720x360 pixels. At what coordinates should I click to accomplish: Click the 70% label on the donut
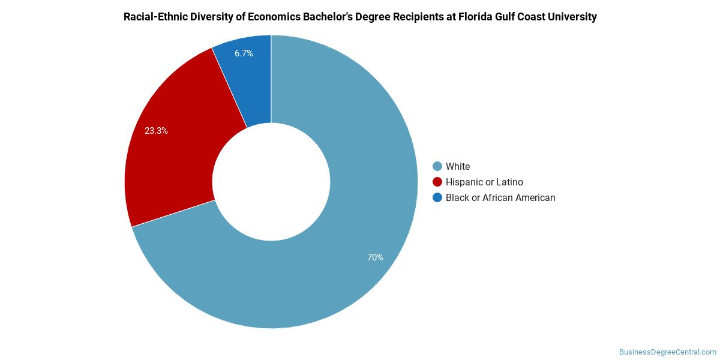point(375,257)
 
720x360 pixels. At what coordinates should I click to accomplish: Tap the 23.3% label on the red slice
point(156,131)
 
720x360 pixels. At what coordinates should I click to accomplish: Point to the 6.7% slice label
point(244,53)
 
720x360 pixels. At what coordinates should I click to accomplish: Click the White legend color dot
point(437,166)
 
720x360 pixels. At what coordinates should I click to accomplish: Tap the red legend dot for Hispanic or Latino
point(437,182)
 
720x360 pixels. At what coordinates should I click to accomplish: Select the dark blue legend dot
point(437,197)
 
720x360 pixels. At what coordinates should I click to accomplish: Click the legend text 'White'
point(458,166)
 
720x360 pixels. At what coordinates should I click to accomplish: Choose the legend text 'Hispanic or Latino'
point(484,182)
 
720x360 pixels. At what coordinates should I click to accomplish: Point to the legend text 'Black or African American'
point(500,197)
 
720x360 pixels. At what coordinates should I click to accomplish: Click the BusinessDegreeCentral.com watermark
point(667,352)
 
